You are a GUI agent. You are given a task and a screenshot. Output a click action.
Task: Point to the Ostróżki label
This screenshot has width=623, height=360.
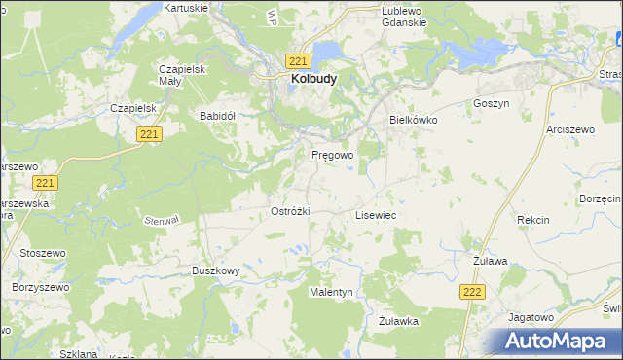point(289,211)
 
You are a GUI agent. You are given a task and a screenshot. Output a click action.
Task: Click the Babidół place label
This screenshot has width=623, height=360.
point(218,115)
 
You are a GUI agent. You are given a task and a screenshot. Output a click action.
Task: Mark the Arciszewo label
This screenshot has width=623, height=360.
point(569,128)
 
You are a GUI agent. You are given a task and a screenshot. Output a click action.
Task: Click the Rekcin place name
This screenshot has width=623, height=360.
point(533,220)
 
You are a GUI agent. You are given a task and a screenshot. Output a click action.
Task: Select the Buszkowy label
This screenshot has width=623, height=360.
point(215,270)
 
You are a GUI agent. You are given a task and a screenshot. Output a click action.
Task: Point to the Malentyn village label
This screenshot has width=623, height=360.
point(331,292)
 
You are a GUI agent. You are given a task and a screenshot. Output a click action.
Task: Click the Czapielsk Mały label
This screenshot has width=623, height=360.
point(186,76)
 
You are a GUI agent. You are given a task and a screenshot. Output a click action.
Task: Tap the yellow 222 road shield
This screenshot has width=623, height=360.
point(472,292)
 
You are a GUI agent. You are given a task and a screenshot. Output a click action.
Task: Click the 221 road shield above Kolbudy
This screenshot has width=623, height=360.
point(298,61)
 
